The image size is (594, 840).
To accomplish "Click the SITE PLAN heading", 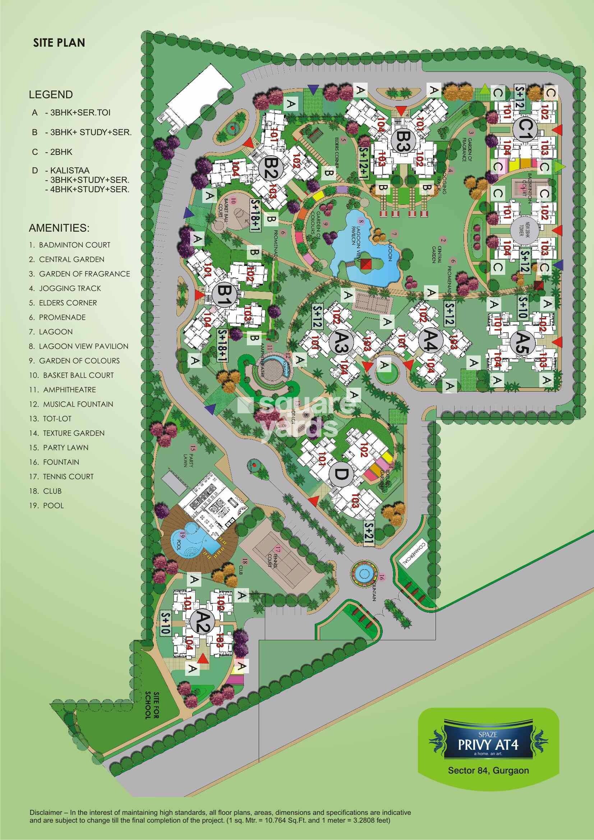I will [59, 43].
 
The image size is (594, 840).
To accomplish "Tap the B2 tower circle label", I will [268, 171].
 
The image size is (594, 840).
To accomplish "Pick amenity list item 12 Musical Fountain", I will [72, 404].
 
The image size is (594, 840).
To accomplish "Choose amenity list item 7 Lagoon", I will [51, 332].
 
